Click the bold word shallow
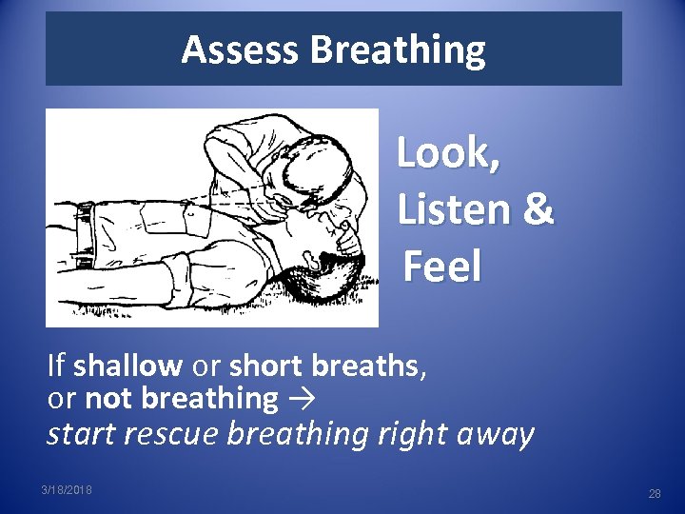click(x=127, y=365)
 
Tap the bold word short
click(x=260, y=365)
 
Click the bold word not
click(x=103, y=398)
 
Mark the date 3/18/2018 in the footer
click(x=68, y=489)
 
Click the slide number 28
click(x=654, y=494)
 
